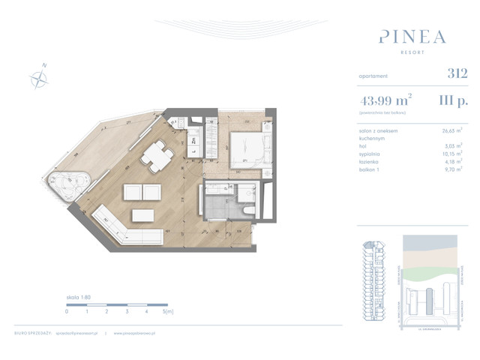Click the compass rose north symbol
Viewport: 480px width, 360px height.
[38, 76]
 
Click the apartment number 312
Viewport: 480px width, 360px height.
[457, 73]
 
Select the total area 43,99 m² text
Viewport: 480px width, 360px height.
[389, 98]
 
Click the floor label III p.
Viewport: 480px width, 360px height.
[454, 98]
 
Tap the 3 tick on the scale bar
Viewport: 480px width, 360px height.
[127, 310]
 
